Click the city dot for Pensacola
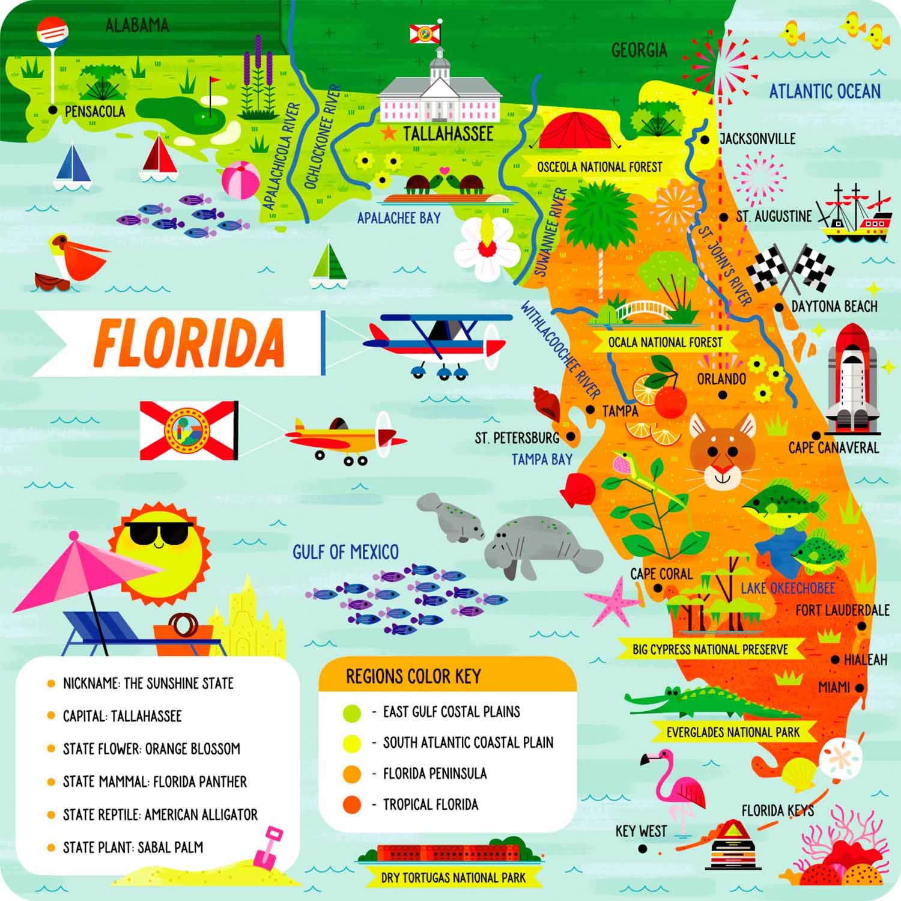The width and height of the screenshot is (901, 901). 53,110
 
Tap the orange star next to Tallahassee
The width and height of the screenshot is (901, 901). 389,133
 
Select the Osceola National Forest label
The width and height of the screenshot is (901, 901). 599,167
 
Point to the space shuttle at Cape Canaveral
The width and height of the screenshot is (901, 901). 852,378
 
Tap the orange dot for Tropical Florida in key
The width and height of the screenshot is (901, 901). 352,804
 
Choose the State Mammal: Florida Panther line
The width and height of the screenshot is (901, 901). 154,781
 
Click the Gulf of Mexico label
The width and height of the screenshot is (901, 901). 345,552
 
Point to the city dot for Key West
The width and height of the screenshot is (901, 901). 643,849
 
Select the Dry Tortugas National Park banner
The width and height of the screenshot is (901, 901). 453,878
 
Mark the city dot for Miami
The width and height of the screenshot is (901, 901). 860,688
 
